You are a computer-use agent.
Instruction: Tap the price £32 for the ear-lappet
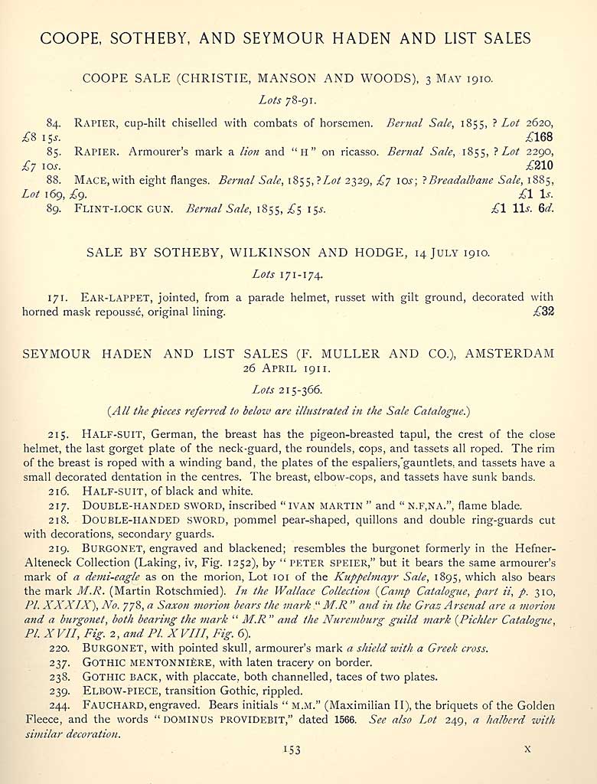(x=543, y=312)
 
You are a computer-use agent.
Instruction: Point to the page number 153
(x=291, y=750)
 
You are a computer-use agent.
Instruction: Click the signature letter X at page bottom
(x=527, y=750)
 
